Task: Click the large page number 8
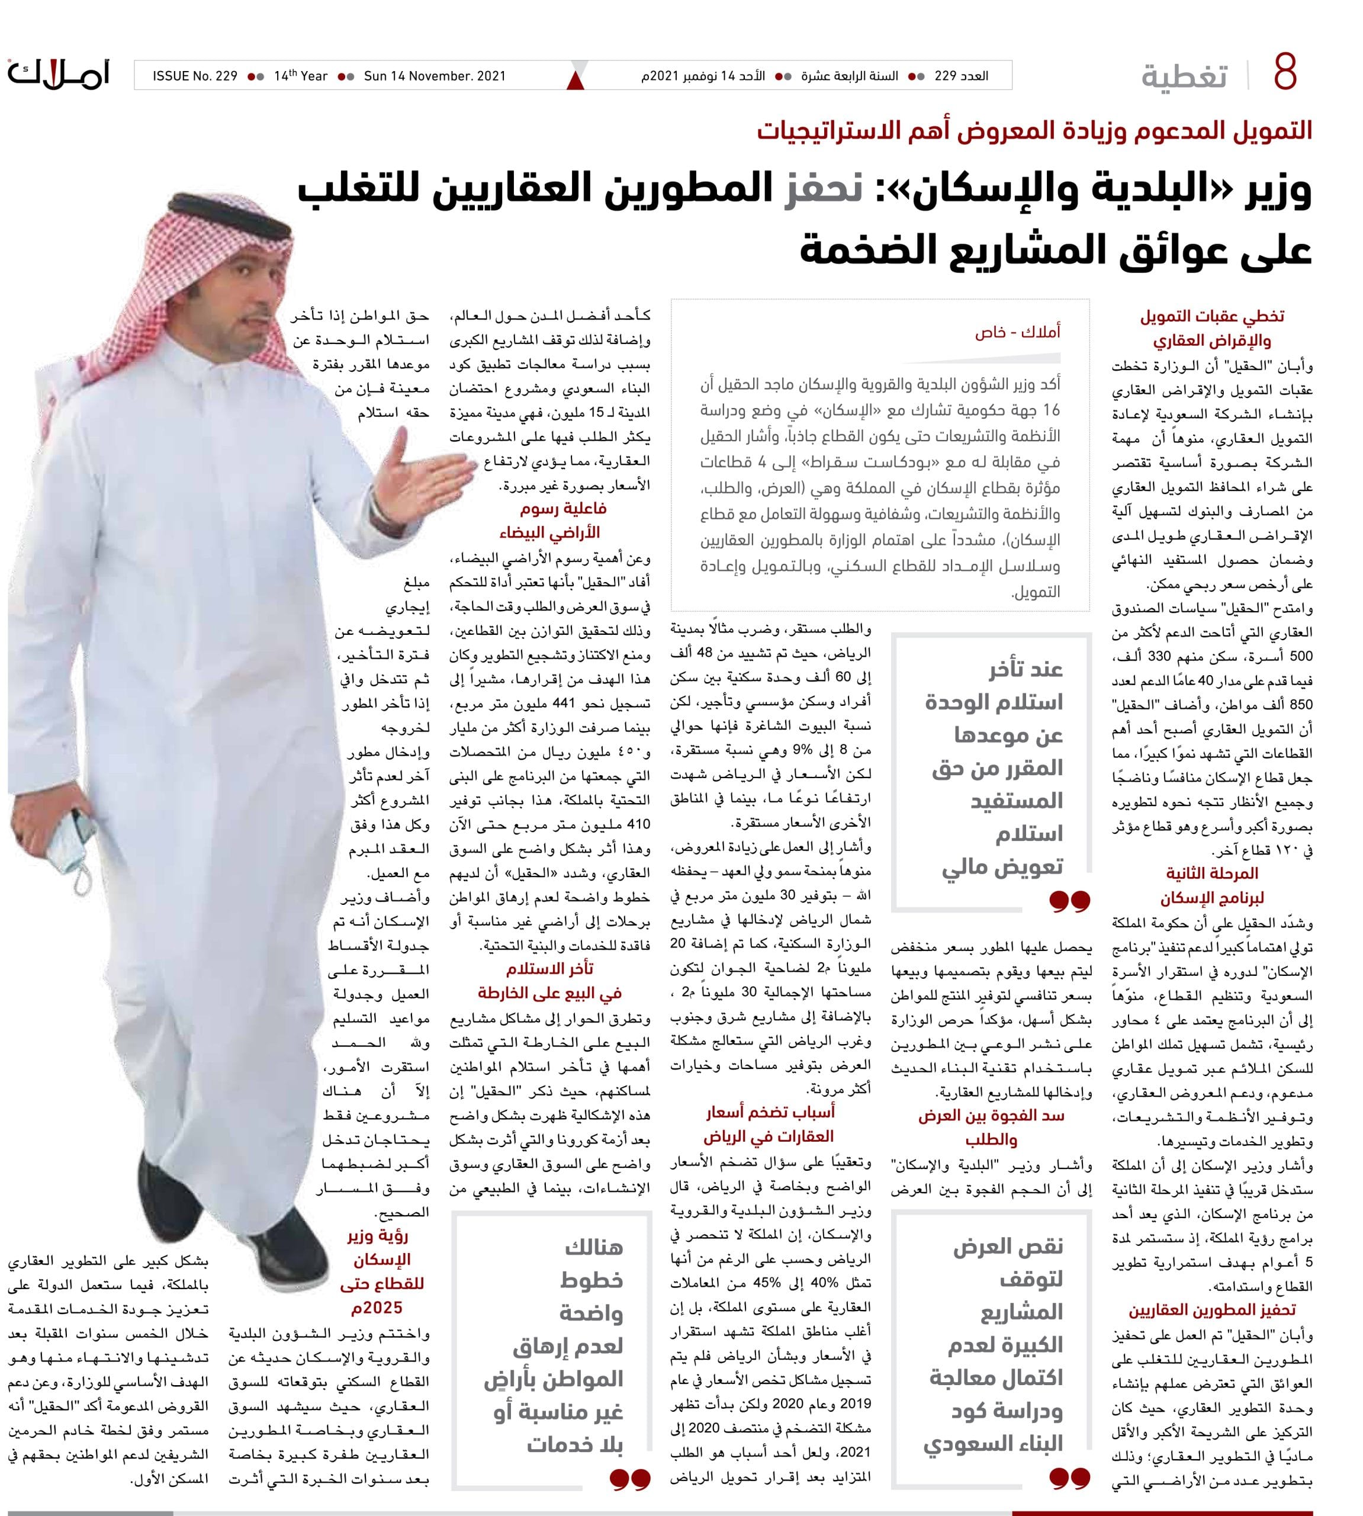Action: (x=1284, y=73)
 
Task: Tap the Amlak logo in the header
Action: (x=59, y=73)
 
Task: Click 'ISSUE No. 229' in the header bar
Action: (x=195, y=76)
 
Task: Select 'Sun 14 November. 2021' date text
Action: (x=435, y=76)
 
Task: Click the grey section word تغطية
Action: (x=1184, y=76)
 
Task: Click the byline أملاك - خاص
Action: (x=1017, y=331)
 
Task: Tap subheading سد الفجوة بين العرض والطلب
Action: (x=991, y=1128)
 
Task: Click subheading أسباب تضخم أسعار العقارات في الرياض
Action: (x=769, y=1123)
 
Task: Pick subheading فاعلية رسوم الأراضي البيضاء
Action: (x=552, y=521)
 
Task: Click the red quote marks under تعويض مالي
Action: (x=1069, y=900)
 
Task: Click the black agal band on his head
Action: (x=224, y=207)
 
